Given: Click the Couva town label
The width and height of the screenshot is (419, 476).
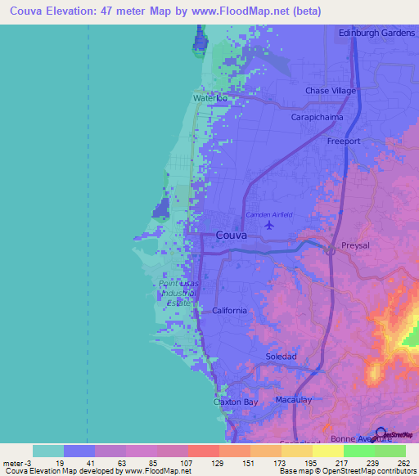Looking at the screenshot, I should (x=232, y=235).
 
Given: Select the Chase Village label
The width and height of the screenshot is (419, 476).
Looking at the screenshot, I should (x=331, y=91).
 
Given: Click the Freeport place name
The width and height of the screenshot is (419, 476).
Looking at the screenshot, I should (x=344, y=141).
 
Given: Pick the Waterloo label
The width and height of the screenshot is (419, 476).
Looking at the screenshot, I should (x=209, y=98).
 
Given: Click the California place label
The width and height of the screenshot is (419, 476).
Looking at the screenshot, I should (x=229, y=311).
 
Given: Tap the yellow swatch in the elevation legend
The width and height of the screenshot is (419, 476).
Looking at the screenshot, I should (x=327, y=451).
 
